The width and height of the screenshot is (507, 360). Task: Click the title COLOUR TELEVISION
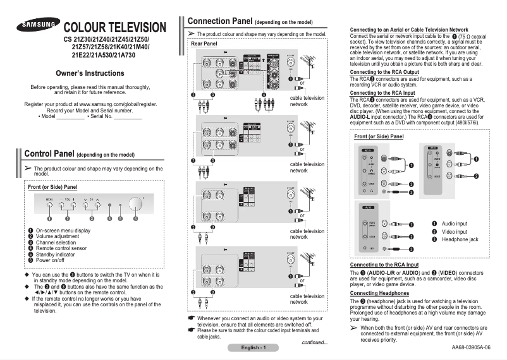click(115, 28)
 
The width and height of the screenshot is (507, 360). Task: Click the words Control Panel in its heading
click(49, 154)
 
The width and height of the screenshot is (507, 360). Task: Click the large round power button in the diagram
click(135, 205)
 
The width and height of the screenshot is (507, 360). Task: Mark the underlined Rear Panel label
click(204, 44)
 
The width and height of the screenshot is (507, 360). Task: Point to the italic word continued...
click(314, 342)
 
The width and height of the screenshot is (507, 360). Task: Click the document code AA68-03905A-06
click(470, 347)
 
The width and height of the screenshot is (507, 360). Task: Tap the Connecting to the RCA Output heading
click(384, 72)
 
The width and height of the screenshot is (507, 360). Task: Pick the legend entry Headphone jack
click(460, 240)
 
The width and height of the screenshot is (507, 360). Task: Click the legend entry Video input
click(455, 232)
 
